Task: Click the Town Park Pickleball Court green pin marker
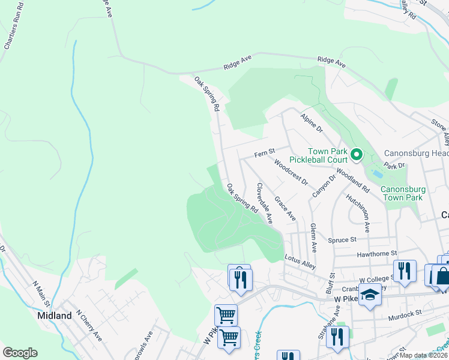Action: point(356,155)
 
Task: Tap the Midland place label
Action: point(54,315)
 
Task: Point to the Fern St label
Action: point(264,153)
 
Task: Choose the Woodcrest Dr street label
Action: point(291,172)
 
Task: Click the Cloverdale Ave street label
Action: point(265,203)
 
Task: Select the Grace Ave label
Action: point(285,207)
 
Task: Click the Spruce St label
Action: point(342,240)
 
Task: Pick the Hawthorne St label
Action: point(378,254)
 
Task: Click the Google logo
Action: point(20,352)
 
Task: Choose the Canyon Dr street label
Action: point(324,188)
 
